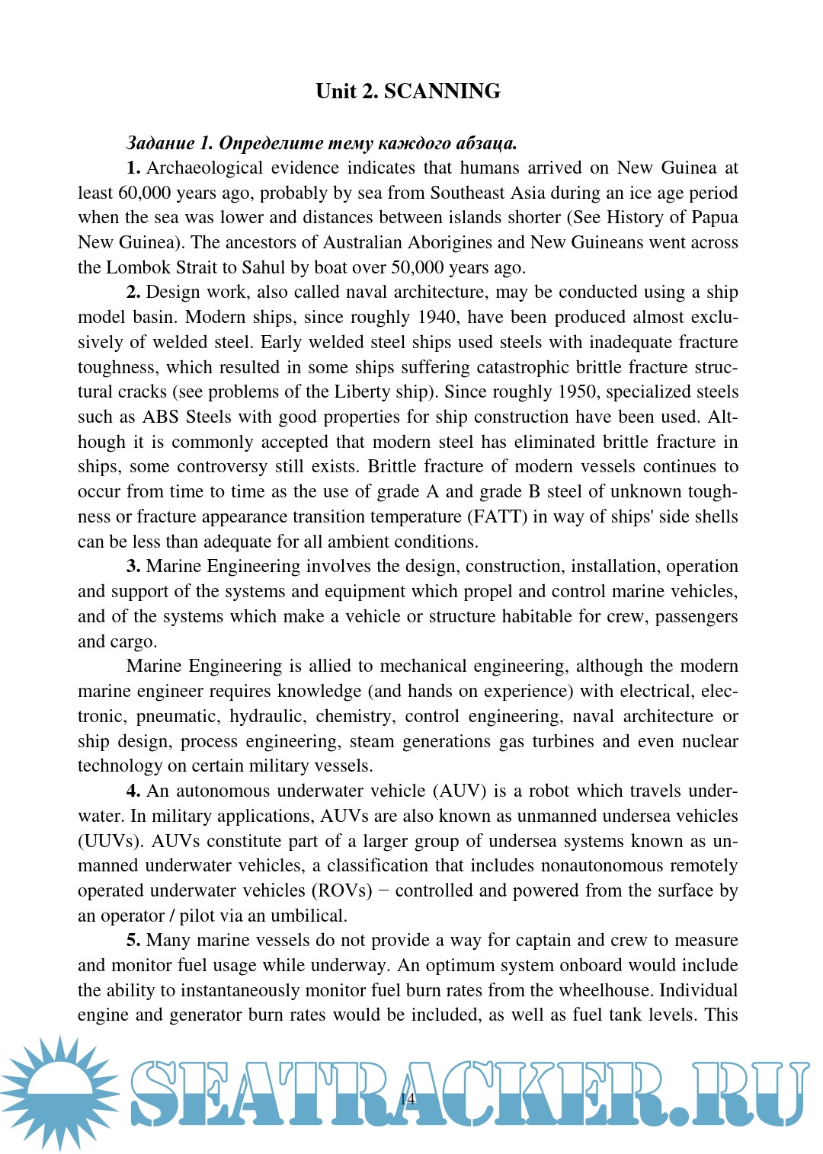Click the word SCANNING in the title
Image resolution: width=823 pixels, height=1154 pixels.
point(442,91)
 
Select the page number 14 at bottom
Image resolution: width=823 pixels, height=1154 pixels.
point(408,1098)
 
